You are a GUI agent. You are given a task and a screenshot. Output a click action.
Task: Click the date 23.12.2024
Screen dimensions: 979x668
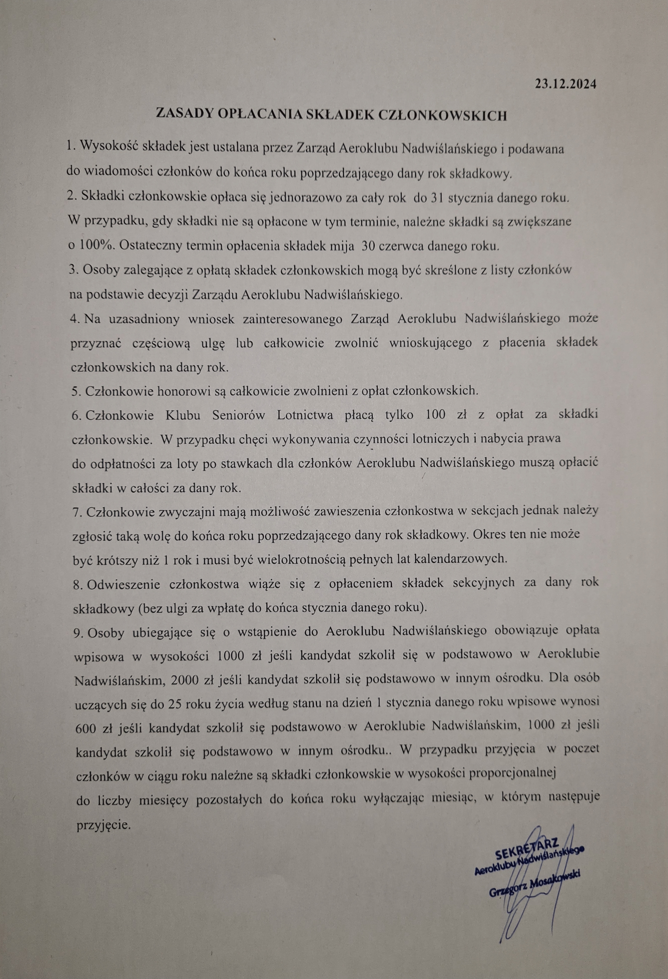pos(565,84)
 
